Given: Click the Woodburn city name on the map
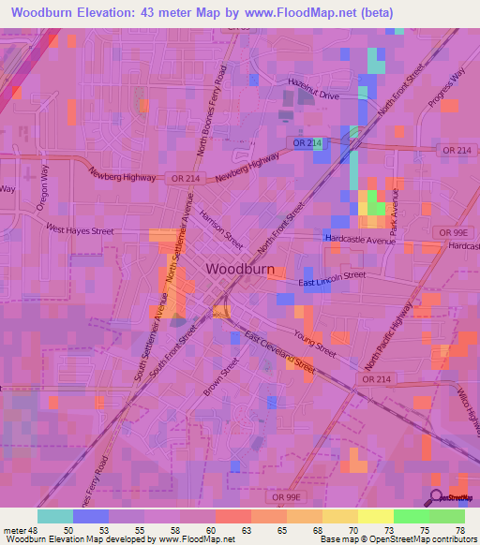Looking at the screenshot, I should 239,269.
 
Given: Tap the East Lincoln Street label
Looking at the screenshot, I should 332,279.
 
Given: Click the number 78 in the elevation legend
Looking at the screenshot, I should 459,529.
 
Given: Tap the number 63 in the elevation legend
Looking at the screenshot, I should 246,529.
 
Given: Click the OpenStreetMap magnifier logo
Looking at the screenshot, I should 437,496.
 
